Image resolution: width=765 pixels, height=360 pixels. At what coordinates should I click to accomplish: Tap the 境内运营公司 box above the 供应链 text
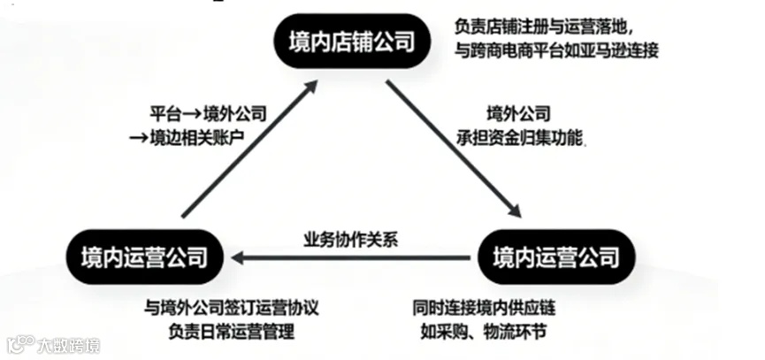click(x=555, y=257)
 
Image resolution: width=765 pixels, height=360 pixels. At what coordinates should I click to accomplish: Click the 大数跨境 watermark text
click(x=67, y=344)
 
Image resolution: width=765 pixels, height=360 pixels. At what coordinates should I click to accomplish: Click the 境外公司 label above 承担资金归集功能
click(x=519, y=114)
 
